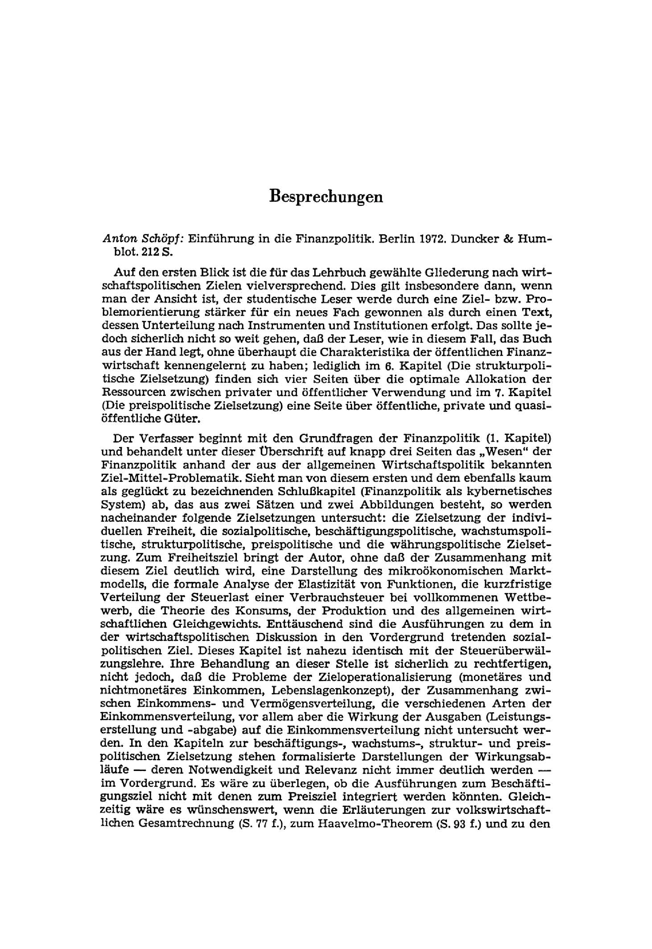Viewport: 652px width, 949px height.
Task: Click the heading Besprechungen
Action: click(326, 196)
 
